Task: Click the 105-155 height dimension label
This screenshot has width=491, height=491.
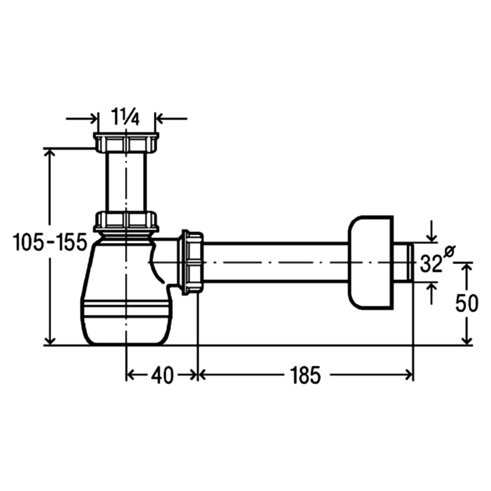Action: (50, 242)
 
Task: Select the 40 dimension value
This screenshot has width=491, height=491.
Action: (162, 376)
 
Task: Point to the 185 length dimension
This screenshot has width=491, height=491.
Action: (306, 376)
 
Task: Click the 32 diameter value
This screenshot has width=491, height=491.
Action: (431, 263)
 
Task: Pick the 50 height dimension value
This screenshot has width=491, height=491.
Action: (466, 303)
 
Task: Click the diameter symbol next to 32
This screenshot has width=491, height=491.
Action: (450, 252)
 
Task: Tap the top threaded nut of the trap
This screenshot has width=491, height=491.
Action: (126, 142)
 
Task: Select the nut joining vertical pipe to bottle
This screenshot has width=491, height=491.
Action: (126, 222)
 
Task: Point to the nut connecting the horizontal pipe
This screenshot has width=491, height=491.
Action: (192, 263)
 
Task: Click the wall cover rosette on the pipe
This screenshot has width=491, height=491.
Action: (371, 263)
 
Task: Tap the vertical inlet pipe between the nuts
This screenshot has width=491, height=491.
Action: (126, 182)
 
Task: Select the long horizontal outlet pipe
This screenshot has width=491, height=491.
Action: (276, 263)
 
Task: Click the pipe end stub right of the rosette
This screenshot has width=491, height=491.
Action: (404, 263)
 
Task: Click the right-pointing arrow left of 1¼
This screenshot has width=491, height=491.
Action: (82, 118)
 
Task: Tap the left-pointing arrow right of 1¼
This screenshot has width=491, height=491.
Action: (171, 118)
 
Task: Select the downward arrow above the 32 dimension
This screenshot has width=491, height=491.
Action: (432, 231)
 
